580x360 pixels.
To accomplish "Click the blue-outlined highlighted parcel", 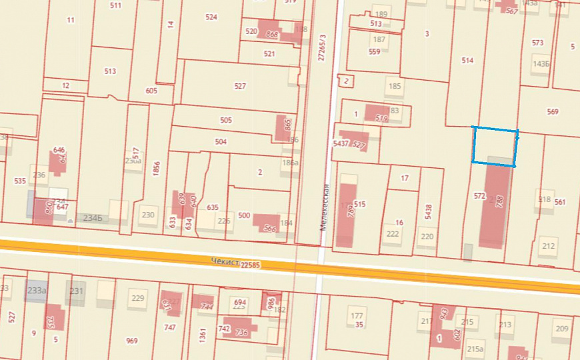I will click(494, 145).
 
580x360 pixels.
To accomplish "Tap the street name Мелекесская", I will click(324, 207).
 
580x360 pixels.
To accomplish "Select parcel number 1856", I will click(156, 169).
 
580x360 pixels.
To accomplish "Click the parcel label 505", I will click(226, 121).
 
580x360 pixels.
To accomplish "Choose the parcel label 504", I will click(221, 142).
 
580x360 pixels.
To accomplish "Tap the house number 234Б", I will click(91, 217).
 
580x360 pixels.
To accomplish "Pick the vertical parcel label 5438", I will click(429, 211).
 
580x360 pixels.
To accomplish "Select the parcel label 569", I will click(552, 112).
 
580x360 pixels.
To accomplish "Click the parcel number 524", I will click(211, 17).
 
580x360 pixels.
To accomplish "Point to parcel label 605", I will click(151, 91).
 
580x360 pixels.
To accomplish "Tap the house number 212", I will click(548, 246).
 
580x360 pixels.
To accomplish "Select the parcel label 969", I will click(131, 341).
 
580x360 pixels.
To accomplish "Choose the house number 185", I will click(395, 86).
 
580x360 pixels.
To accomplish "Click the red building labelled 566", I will click(269, 224).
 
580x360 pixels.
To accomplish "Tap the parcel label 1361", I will click(202, 335).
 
